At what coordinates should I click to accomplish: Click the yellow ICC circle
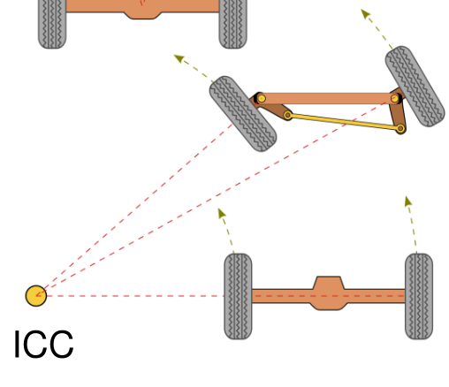pos(36,296)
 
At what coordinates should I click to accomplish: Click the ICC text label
pos(43,344)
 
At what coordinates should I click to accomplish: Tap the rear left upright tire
pos(238,296)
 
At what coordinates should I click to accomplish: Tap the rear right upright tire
pos(419,296)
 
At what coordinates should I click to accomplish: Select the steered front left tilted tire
pos(243,114)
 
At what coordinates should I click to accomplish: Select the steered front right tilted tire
pos(415,87)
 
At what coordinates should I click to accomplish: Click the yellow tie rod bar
pos(344,122)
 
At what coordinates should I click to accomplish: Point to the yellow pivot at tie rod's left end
pos(288,115)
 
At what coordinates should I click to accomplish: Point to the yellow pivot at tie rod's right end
pos(400,128)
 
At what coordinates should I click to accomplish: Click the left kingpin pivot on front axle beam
pos(261,98)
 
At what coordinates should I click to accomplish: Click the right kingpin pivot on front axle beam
pos(395,98)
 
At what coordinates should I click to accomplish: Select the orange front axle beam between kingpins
pos(328,98)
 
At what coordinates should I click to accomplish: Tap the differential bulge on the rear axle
pos(328,293)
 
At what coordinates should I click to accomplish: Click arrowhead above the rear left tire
pos(221,213)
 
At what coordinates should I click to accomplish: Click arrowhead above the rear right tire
pos(408,201)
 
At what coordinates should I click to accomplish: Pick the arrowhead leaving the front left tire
pos(179,58)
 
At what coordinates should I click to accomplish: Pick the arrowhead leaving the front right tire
pos(366,14)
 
